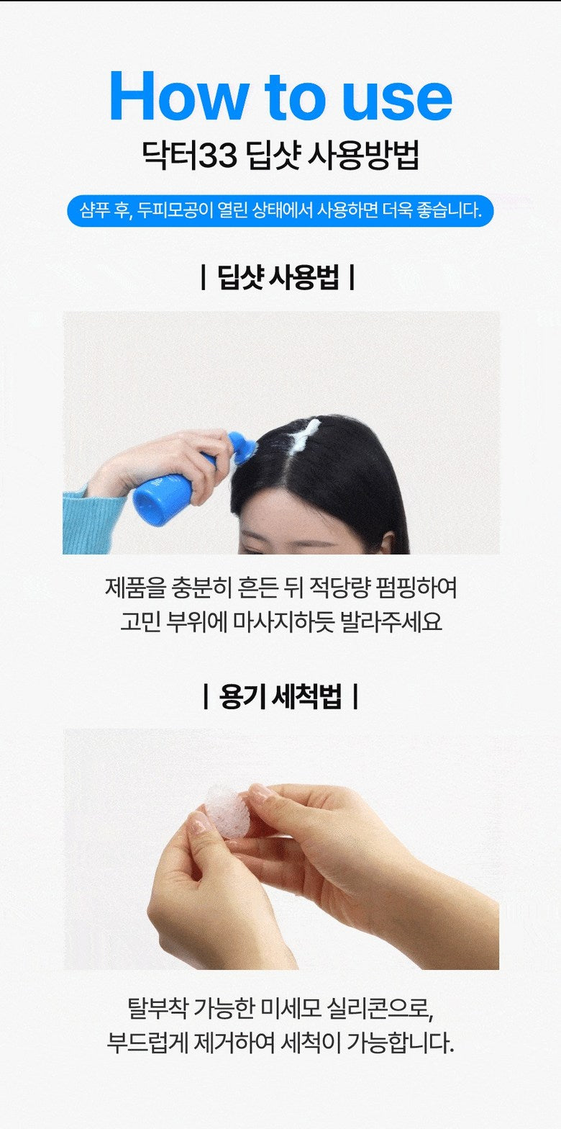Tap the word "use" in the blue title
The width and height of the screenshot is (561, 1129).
coord(397,100)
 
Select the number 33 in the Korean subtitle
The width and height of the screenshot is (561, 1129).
coord(217,156)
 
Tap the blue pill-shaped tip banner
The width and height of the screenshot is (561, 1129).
coord(280,211)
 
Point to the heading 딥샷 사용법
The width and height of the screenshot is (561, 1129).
coord(278,278)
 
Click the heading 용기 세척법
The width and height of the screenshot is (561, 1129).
coord(280,696)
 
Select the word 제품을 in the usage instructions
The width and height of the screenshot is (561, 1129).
coord(135,588)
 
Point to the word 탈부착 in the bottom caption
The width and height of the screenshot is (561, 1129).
coord(158,1008)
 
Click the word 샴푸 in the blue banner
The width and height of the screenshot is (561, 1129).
coord(95,210)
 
